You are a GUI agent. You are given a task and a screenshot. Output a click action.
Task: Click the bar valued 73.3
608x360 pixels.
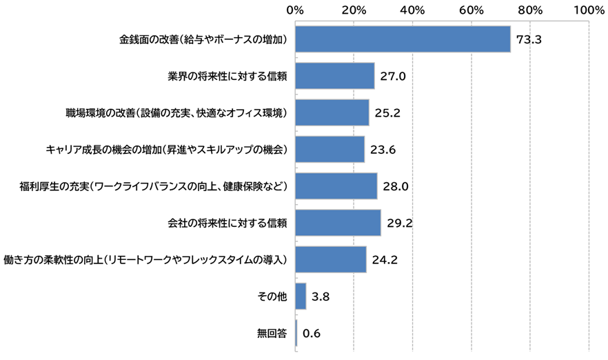coord(403,39)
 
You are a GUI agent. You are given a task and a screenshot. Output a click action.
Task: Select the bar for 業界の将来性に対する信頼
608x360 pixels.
coord(335,76)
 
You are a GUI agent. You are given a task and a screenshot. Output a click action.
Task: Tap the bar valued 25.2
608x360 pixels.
coord(332,112)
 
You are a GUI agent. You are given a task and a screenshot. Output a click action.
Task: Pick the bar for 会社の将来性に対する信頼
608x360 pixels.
coord(338,223)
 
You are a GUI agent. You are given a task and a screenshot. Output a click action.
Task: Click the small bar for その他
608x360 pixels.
coord(301,297)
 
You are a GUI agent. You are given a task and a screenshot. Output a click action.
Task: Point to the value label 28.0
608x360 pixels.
coord(396,186)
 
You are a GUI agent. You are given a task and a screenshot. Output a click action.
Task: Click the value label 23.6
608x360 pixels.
coord(383,150)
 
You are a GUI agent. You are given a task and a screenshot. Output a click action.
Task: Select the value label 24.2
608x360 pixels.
coord(385,260)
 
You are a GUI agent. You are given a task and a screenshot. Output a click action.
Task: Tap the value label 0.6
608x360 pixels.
coord(312,334)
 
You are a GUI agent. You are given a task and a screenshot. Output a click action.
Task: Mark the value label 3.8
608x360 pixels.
coord(321,297)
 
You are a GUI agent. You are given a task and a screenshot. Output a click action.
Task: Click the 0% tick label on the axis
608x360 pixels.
coord(295,10)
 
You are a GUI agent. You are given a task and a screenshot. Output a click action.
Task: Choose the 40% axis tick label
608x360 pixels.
coord(412,10)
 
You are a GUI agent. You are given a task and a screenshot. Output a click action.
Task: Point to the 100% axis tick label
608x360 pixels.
coord(588,10)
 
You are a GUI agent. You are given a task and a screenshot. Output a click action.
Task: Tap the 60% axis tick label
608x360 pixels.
coord(471,10)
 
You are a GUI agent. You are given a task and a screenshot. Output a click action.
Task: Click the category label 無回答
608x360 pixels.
coord(272,334)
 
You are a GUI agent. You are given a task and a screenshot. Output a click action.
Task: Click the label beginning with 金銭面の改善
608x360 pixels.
coord(203,39)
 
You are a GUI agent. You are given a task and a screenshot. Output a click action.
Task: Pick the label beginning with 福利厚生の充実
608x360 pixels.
coord(152,186)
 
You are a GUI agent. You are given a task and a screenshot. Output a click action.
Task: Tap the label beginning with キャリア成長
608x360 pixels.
coord(166,150)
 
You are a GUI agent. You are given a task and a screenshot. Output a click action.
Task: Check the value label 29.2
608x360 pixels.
coord(400,223)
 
